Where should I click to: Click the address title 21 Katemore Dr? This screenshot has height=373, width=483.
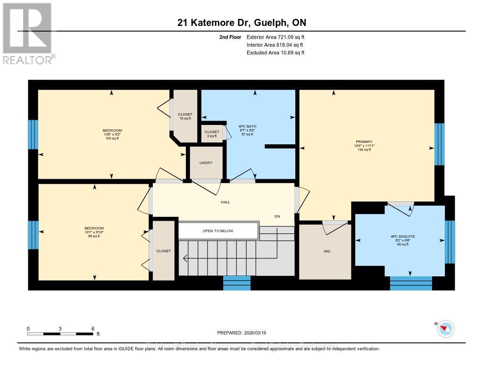pos(241,23)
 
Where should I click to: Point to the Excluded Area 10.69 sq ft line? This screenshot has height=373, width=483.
pos(275,53)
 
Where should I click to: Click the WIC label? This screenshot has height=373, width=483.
pos(327,251)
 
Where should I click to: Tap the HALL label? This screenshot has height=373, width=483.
pos(225,202)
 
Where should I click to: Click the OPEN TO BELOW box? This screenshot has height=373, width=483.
pos(218,231)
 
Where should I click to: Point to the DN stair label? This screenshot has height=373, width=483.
pos(278,216)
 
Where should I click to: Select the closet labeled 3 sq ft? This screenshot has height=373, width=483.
pos(212,133)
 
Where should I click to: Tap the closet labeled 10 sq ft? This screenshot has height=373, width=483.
pos(185,116)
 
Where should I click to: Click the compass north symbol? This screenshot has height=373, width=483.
pos(445,329)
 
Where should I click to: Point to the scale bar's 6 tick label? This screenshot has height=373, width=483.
pos(93,329)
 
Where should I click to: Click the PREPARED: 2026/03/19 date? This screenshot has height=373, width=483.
pos(241,332)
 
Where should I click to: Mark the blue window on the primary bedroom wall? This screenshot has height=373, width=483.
pos(439,144)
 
